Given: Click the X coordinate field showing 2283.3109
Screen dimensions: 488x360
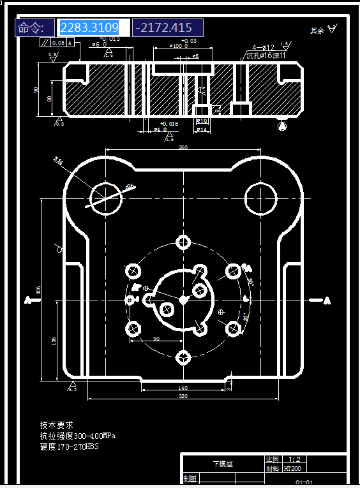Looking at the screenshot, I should coord(94,27).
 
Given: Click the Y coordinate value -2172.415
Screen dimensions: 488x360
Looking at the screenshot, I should coord(167,27).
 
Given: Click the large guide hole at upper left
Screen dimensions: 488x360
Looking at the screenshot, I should coord(105,198).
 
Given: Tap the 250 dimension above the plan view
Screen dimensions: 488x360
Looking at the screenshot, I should coord(183,148).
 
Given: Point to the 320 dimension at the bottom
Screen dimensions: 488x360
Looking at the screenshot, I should coord(183,396).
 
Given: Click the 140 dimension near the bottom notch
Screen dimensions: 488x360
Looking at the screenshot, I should coord(183,387).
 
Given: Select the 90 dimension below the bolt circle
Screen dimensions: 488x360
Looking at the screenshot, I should coord(156,339).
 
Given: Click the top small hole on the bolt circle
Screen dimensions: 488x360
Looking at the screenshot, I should coord(184,242).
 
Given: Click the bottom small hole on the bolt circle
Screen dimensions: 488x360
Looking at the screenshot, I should coord(184,357).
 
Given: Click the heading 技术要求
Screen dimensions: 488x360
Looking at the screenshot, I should coord(57,425).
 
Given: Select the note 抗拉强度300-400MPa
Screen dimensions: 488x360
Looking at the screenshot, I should coord(77,436).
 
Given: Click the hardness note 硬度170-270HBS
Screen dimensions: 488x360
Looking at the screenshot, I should coord(69,447).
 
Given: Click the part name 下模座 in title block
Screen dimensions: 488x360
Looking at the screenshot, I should coord(223,464).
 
